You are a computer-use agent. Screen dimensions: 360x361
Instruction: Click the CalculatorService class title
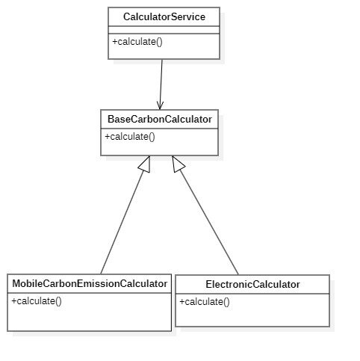pyautogui.click(x=164, y=17)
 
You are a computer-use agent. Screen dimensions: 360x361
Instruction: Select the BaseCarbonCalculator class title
pyautogui.click(x=160, y=119)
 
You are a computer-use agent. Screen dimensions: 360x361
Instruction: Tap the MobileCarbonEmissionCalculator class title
pyautogui.click(x=90, y=283)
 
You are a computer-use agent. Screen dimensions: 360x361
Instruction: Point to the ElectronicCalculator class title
pyautogui.click(x=252, y=284)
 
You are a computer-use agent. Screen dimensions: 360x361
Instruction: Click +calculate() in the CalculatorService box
pyautogui.click(x=137, y=42)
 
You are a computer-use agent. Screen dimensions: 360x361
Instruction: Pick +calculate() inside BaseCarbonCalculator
pyautogui.click(x=130, y=137)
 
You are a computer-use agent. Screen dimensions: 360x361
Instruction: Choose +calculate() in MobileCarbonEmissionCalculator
pyautogui.click(x=37, y=301)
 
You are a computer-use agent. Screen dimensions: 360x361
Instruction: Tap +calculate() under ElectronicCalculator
pyautogui.click(x=205, y=302)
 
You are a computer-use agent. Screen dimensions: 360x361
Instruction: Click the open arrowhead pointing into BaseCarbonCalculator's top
pyautogui.click(x=160, y=105)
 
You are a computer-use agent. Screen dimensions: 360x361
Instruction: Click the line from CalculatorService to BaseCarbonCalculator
pyautogui.click(x=161, y=84)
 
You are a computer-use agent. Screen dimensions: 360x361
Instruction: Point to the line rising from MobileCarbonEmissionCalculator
pyautogui.click(x=122, y=222)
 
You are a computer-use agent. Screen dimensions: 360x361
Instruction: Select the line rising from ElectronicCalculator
pyautogui.click(x=208, y=222)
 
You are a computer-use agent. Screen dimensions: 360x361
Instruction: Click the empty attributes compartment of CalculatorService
pyautogui.click(x=164, y=30)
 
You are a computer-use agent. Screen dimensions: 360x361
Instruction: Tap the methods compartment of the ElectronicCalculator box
pyautogui.click(x=252, y=310)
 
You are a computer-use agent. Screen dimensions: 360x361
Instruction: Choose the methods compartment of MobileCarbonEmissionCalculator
pyautogui.click(x=90, y=312)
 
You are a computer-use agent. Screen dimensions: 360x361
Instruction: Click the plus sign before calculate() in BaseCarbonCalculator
pyautogui.click(x=108, y=137)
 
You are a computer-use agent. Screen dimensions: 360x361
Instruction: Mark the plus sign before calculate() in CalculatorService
pyautogui.click(x=115, y=42)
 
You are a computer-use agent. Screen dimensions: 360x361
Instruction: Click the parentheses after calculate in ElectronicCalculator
pyautogui.click(x=226, y=302)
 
